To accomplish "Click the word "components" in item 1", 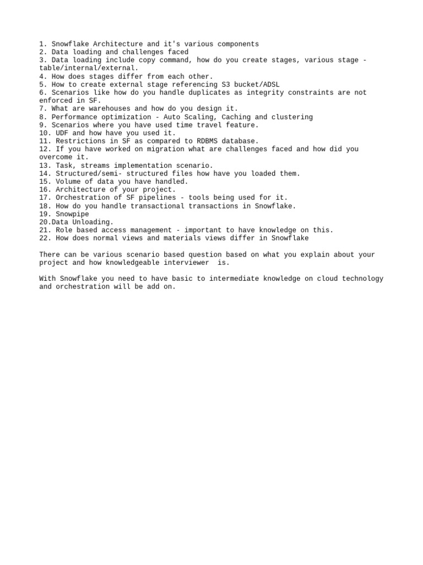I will [x=236, y=44].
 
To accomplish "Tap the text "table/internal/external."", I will [x=89, y=68].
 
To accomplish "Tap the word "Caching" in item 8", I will [x=236, y=117].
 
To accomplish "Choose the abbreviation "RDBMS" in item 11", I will [x=207, y=141].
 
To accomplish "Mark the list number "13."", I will [x=45, y=166].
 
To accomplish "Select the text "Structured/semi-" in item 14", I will [x=89, y=173].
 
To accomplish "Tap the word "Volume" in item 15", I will [x=68, y=182].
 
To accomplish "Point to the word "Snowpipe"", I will [x=72, y=214].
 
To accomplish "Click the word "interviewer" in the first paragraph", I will [x=184, y=263].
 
